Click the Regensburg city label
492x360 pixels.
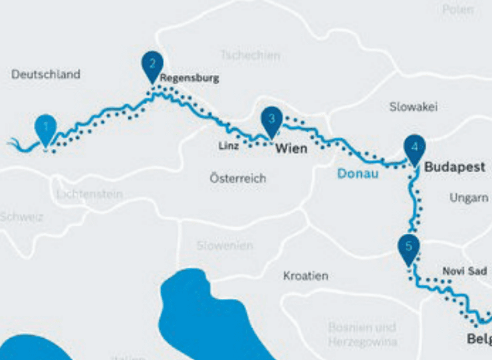(189, 78)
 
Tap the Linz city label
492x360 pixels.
(228, 145)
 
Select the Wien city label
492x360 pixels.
(291, 148)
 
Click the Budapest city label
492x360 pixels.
(455, 167)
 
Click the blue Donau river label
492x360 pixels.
(358, 174)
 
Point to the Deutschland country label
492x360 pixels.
(46, 74)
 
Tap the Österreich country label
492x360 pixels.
(237, 179)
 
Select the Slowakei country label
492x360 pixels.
(414, 107)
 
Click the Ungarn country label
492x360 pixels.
(468, 198)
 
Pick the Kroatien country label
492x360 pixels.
(305, 276)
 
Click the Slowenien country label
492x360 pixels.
(225, 246)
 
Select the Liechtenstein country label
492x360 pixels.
(89, 194)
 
